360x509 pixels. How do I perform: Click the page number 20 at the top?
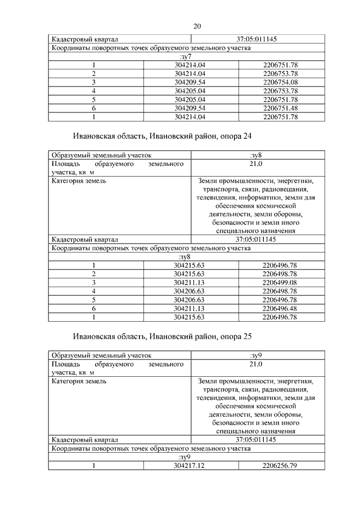click(x=197, y=26)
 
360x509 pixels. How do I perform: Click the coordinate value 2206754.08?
click(x=280, y=82)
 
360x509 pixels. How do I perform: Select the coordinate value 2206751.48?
click(x=280, y=108)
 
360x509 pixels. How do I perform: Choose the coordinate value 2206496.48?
click(x=280, y=308)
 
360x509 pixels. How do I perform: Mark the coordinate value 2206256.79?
click(x=280, y=466)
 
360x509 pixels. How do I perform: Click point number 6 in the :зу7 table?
click(x=94, y=108)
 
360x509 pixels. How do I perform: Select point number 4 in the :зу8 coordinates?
click(x=94, y=291)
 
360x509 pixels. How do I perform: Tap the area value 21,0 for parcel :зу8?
click(x=256, y=164)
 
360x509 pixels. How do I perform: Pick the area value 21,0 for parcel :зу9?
click(x=256, y=364)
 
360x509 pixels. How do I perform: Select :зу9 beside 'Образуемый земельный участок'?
click(x=256, y=355)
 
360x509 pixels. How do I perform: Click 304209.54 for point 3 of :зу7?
click(x=190, y=82)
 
